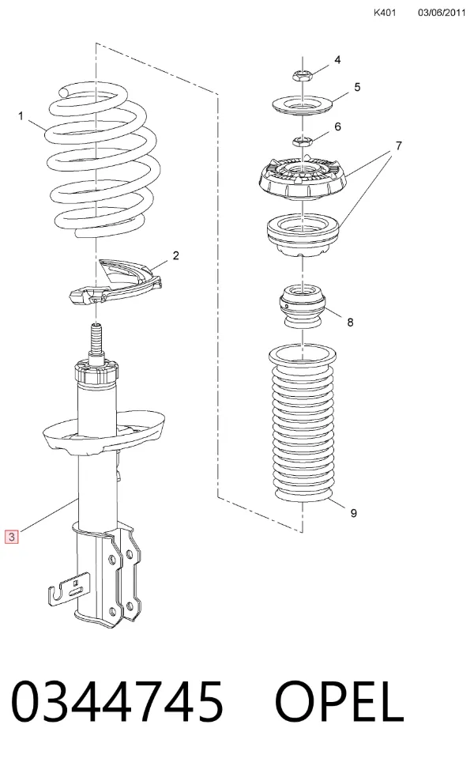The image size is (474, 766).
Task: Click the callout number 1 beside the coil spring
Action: click(21, 116)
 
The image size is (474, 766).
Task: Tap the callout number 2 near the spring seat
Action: click(175, 255)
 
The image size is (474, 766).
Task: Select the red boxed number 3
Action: click(11, 537)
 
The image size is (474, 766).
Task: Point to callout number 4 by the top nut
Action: click(337, 60)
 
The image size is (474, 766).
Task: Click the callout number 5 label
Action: click(357, 87)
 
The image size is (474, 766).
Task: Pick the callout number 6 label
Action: click(338, 127)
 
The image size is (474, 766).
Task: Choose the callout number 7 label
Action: click(399, 145)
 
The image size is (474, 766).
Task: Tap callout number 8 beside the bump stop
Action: click(350, 323)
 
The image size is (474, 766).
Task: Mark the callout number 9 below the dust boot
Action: click(353, 513)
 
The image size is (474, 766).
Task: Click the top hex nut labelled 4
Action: click(302, 76)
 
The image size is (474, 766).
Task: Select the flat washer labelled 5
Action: click(302, 105)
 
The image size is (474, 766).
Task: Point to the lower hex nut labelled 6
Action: click(302, 142)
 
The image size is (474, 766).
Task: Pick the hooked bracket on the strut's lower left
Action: click(70, 589)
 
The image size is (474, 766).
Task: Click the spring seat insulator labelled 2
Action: click(116, 283)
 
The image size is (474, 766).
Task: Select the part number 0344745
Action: click(117, 702)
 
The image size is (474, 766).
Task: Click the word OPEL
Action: click(339, 702)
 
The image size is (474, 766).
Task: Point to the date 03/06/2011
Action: click(442, 13)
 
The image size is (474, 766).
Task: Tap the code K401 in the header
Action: click(385, 13)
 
